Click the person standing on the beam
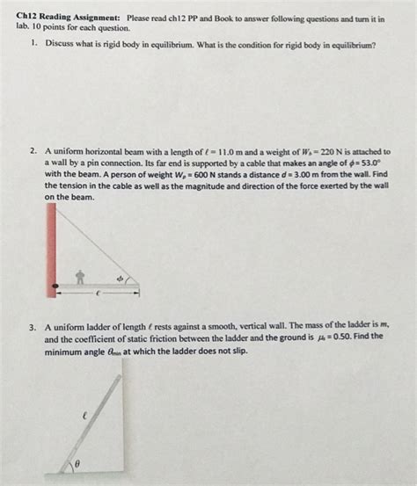click(x=79, y=278)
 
